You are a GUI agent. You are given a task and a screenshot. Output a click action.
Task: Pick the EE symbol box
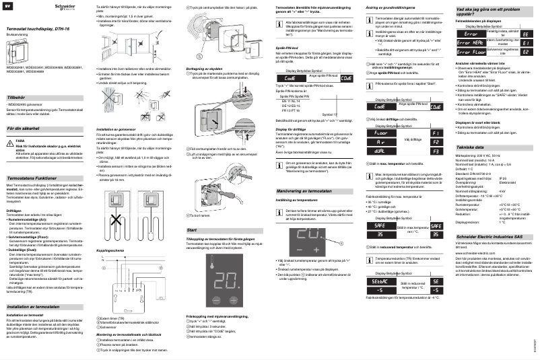[526, 32]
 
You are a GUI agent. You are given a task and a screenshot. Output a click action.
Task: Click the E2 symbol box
[526, 51]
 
